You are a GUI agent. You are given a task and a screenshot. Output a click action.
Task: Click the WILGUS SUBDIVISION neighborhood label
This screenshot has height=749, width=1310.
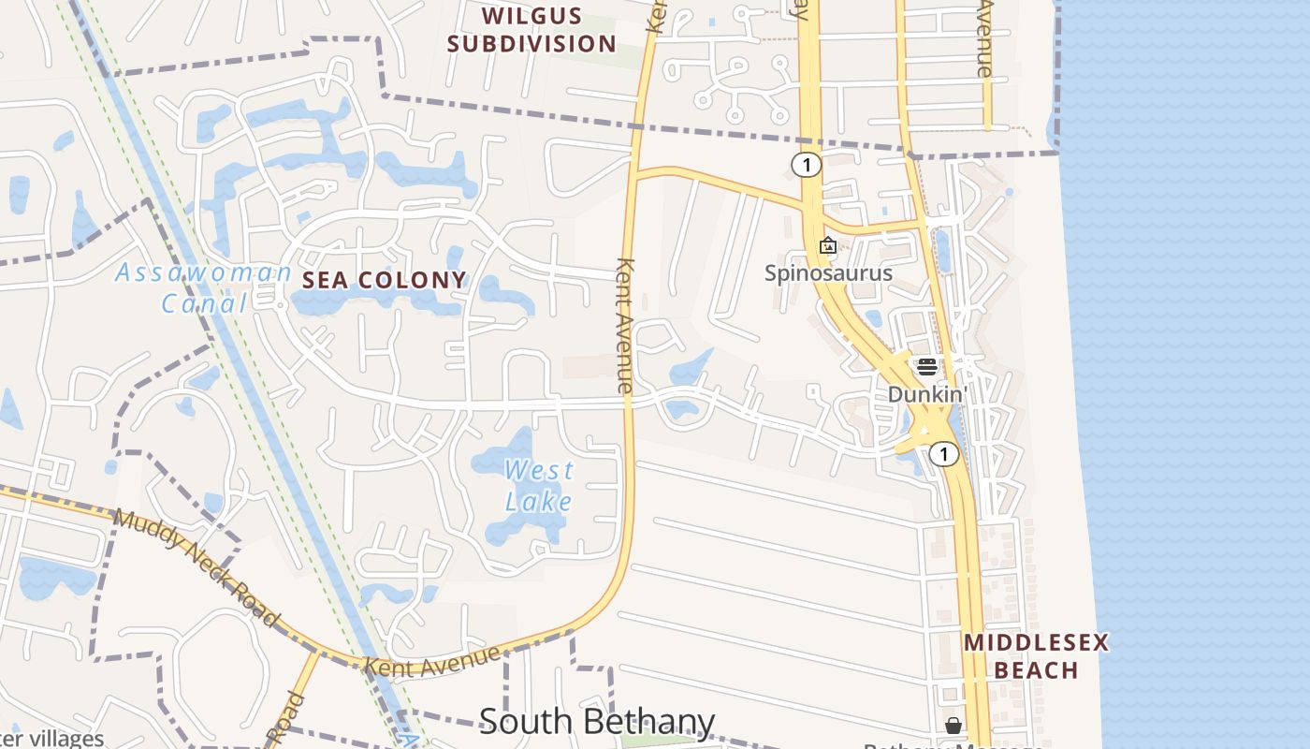click(x=531, y=30)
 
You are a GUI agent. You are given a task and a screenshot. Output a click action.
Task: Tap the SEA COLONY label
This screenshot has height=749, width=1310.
click(x=384, y=279)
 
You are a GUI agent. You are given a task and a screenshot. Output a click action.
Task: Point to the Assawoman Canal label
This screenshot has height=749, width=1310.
click(x=203, y=287)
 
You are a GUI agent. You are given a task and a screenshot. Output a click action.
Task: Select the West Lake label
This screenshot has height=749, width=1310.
click(x=539, y=485)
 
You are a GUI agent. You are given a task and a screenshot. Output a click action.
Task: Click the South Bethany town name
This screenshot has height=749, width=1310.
click(x=597, y=722)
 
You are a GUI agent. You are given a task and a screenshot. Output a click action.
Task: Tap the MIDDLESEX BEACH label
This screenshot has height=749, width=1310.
click(x=1036, y=656)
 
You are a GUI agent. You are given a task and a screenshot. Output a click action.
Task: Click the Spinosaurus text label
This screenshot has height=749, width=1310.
click(x=828, y=273)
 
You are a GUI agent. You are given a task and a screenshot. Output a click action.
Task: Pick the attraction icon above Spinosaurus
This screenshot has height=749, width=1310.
click(x=828, y=246)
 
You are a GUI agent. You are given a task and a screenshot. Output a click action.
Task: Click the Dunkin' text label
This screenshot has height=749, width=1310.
click(x=926, y=394)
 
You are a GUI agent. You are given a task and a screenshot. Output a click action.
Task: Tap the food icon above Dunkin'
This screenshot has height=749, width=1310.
click(x=926, y=366)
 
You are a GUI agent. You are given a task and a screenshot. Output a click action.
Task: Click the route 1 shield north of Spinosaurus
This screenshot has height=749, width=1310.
click(x=806, y=166)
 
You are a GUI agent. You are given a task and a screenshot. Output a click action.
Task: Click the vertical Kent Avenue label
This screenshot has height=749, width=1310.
click(x=625, y=326)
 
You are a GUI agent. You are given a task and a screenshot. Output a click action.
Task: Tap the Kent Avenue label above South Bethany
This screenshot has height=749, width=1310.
click(x=432, y=662)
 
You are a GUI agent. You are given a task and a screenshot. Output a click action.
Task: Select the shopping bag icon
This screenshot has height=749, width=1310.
click(x=953, y=726)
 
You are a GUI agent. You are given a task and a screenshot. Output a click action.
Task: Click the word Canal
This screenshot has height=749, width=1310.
click(x=203, y=303)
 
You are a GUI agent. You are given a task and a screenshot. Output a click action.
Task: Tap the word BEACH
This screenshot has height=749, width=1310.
click(x=1036, y=670)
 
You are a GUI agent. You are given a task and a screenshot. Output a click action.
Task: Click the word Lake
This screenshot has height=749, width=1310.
click(x=539, y=501)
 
